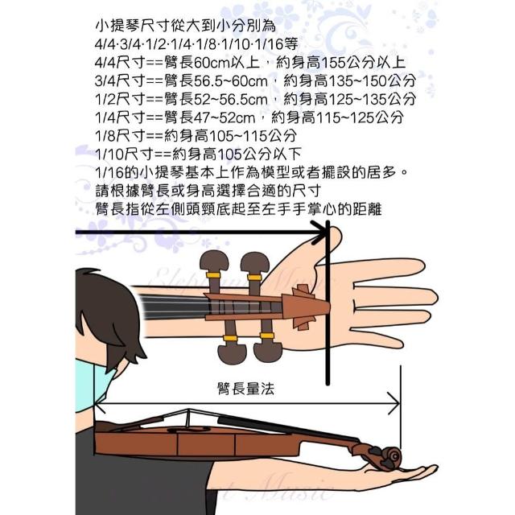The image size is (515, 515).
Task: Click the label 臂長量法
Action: [x=245, y=389]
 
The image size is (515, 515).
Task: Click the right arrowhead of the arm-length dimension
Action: [x=393, y=403]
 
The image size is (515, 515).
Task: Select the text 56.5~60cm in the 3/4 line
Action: [x=231, y=81]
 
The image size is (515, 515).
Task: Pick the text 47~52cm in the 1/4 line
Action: [x=225, y=117]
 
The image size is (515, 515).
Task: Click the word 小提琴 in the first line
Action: [x=117, y=26]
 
